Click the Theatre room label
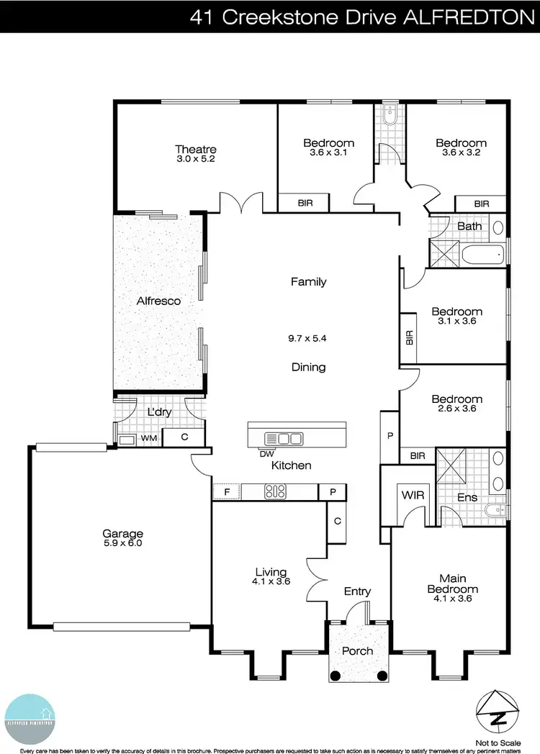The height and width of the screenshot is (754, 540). pos(196,149)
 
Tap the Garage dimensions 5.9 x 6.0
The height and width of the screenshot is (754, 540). pos(122,544)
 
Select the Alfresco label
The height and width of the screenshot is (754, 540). pos(158,301)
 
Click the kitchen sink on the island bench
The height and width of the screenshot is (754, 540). pos(286,437)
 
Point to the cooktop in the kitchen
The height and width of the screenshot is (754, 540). pos(276,492)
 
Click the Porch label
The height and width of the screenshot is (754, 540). pos(357,650)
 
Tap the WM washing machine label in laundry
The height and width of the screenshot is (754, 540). pos(148,437)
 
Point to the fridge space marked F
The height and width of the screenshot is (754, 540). pos(226,492)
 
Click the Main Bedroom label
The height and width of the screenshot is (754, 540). pos(452,583)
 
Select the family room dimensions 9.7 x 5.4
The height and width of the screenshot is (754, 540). pos(308,337)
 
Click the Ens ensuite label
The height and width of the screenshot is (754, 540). pos(467,496)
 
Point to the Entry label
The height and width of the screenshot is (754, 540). pos(357,591)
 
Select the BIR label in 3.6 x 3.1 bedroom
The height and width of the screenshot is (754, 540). pos(305,204)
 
